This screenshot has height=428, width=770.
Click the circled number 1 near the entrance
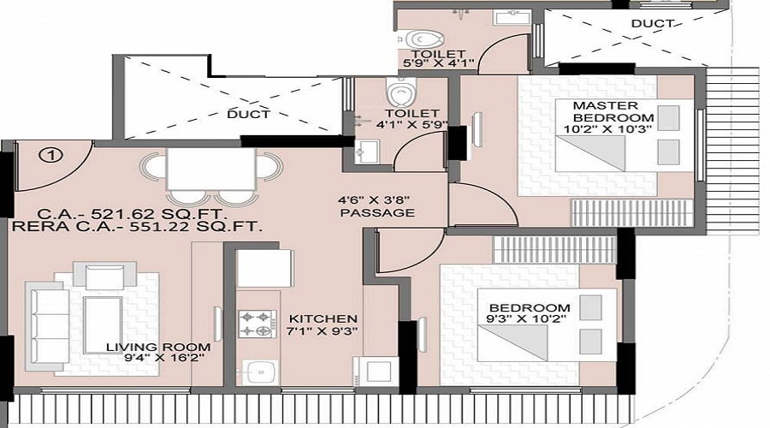click(x=52, y=155)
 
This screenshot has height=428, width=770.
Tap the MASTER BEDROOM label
click(x=613, y=111)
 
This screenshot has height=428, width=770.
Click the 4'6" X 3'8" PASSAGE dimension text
click(x=376, y=206)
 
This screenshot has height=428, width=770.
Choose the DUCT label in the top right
click(x=646, y=24)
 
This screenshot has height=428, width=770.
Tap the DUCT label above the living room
click(x=249, y=114)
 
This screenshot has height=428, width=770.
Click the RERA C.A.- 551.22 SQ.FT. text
click(x=138, y=227)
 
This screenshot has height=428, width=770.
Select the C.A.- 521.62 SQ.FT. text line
click(x=138, y=212)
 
